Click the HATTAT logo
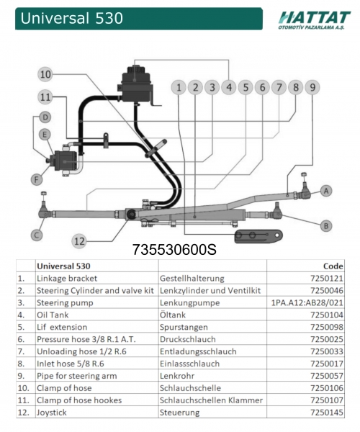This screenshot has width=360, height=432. coord(314,20)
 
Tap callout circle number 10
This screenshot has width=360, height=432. coord(46,74)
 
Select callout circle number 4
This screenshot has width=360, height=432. coord(229,87)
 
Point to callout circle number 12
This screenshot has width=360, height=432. coord(79,241)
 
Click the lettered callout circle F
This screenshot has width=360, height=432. coord(37,180)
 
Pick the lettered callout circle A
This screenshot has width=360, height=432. coord(326,191)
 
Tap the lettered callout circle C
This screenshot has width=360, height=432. coord(37,235)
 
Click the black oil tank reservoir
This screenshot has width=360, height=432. coord(136,84)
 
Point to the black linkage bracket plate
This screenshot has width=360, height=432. coord(258,236)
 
